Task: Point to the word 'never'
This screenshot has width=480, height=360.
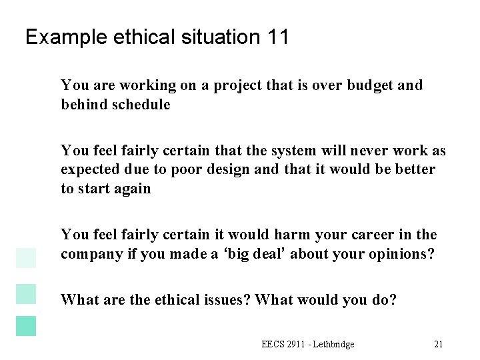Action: [x=363, y=151]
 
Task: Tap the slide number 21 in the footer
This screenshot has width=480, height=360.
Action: [x=438, y=344]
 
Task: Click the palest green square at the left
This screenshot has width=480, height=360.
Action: [x=26, y=257]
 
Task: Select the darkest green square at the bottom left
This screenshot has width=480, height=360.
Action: [x=26, y=325]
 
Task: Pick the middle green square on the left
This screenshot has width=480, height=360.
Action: [x=26, y=293]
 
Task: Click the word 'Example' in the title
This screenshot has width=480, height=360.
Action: [x=59, y=37]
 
